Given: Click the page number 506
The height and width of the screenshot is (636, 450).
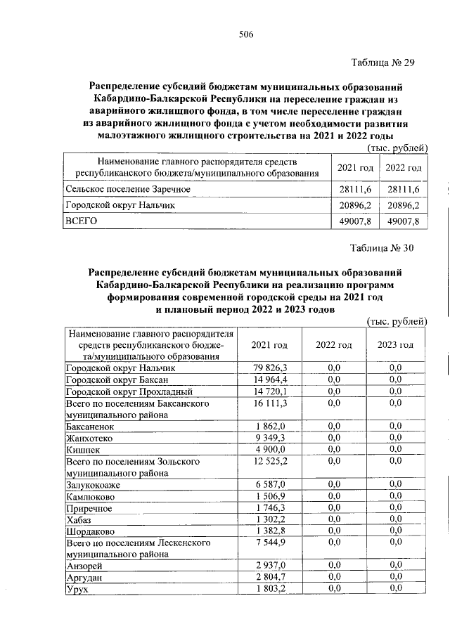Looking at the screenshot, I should [x=245, y=34].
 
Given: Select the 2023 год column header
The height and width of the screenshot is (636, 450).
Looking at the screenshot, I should [x=396, y=345].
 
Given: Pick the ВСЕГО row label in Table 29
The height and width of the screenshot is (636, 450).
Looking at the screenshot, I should [x=80, y=221].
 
